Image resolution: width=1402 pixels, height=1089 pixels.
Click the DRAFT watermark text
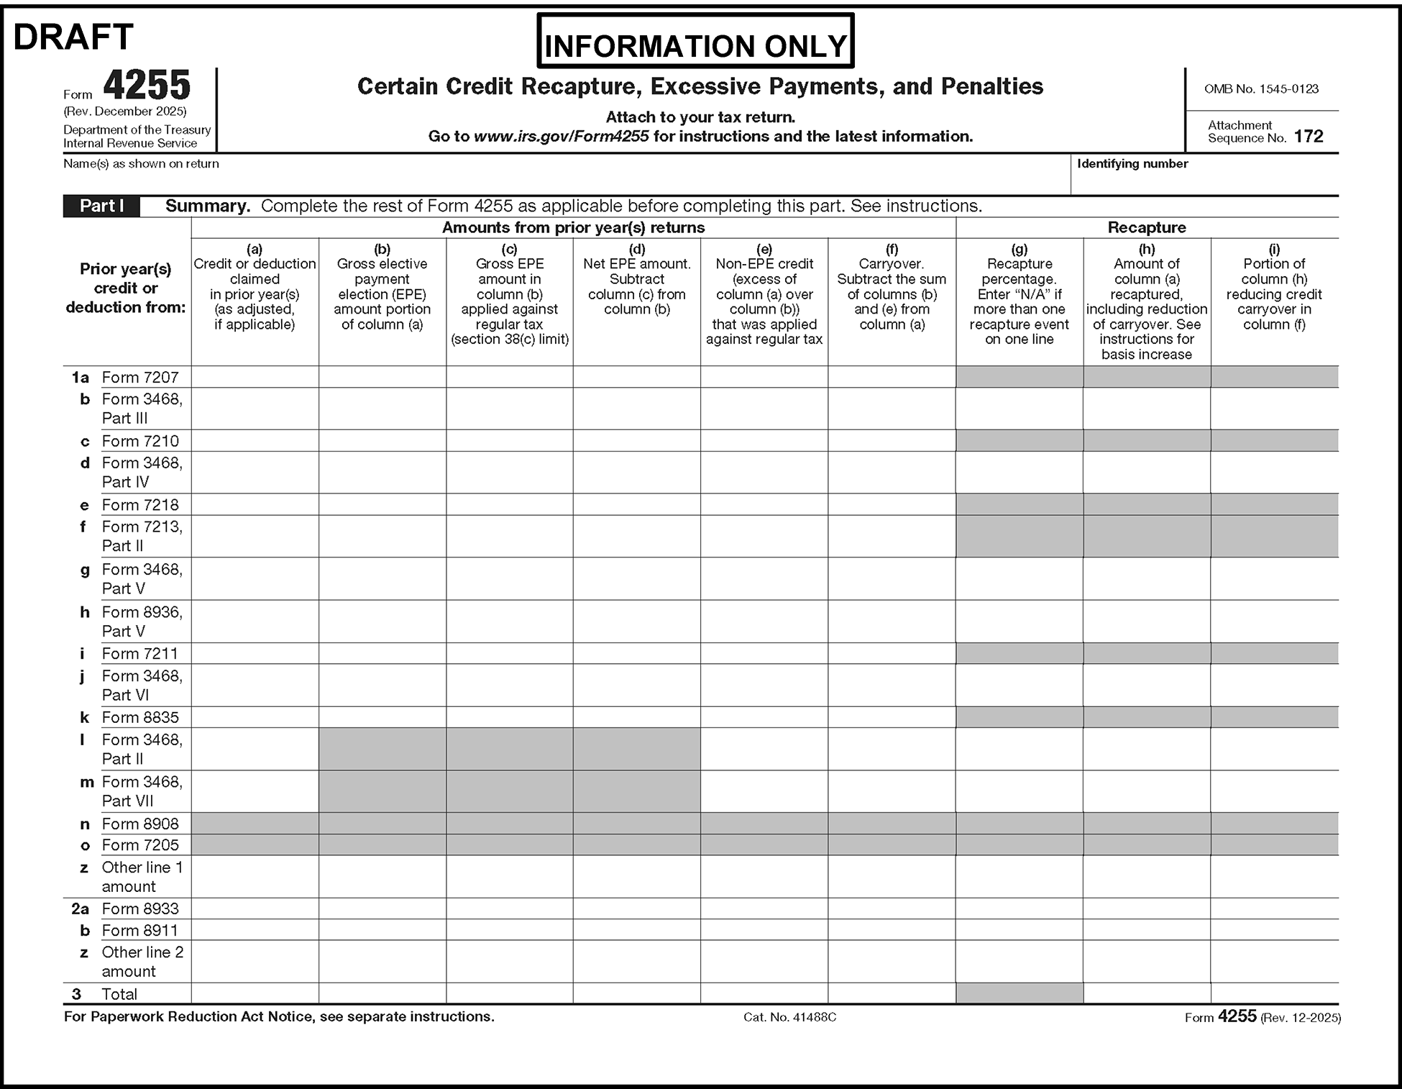pos(73,37)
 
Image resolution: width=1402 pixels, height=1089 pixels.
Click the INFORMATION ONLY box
pos(695,45)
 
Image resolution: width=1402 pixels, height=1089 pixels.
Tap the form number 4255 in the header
pos(147,86)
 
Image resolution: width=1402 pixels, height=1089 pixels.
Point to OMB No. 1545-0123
pos(1261,89)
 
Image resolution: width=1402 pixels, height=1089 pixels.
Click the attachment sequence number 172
pos(1308,137)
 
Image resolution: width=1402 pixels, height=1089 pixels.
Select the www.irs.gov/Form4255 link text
pos(561,137)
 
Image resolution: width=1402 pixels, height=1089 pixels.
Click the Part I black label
pos(101,206)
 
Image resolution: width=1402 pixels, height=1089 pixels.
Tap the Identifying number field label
pos(1132,164)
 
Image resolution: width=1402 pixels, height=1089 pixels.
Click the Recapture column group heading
pos(1146,228)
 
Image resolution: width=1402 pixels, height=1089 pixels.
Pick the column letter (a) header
pos(255,249)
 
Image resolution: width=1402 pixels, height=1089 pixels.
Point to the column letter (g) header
pos(1019,249)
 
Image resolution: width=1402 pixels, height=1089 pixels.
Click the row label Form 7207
pos(140,378)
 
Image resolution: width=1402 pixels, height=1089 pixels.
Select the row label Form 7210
pos(140,441)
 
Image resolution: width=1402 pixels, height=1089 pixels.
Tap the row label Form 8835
pos(140,717)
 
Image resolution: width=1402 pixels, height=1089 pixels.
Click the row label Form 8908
pos(140,824)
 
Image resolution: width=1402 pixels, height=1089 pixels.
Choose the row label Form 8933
pos(140,908)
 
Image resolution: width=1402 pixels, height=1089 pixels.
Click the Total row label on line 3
pos(119,994)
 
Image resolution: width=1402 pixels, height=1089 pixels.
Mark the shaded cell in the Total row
pos(1019,993)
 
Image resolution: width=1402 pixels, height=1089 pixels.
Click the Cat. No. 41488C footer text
pos(789,1017)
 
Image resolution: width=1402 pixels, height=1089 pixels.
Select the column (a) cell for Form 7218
pos(255,504)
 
